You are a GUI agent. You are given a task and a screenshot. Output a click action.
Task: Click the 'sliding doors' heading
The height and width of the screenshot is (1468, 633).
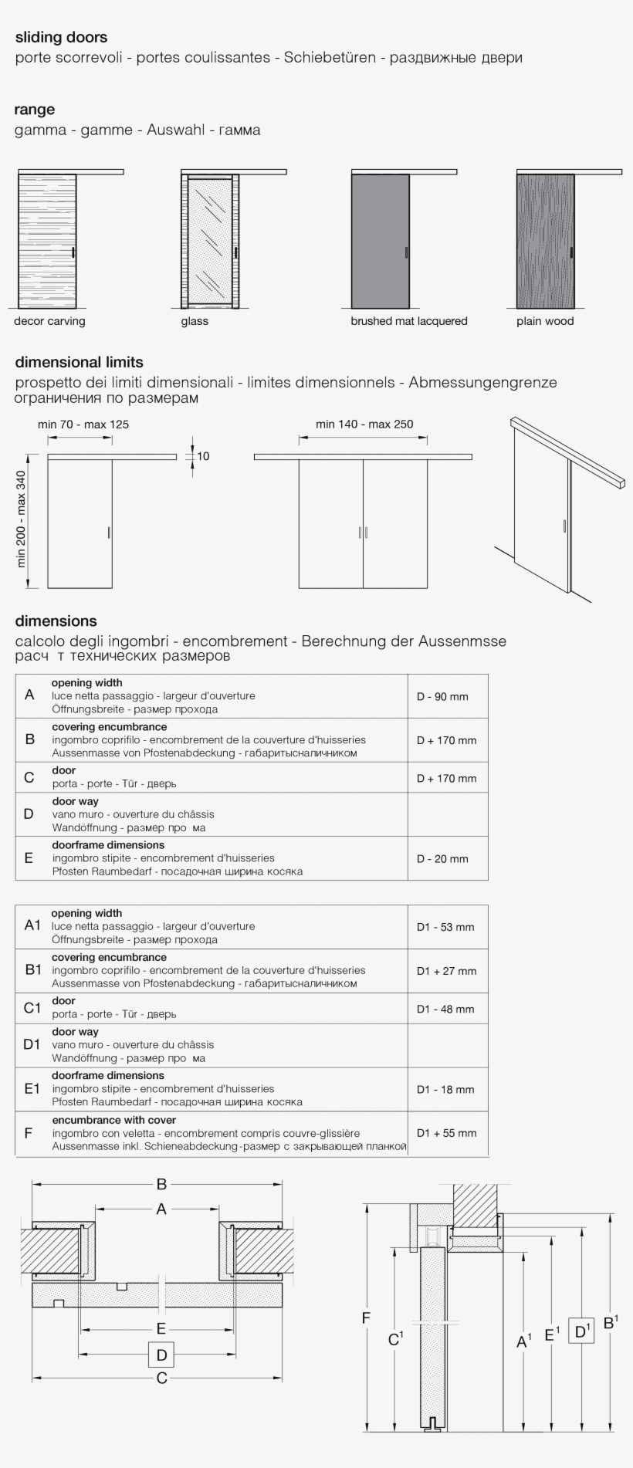tap(61, 37)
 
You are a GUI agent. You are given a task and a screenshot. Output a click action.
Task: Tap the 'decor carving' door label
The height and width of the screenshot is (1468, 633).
tap(49, 321)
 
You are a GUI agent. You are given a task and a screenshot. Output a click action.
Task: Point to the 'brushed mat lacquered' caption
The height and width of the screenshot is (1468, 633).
tap(408, 321)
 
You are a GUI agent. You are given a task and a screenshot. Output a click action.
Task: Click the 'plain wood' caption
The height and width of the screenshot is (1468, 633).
tap(545, 321)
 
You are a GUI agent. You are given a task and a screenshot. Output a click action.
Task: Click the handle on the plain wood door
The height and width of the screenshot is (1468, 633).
tap(571, 252)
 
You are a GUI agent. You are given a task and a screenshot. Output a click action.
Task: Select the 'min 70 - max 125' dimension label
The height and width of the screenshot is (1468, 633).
tap(83, 424)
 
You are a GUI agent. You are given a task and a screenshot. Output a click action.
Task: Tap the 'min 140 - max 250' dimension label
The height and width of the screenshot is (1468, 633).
tap(364, 424)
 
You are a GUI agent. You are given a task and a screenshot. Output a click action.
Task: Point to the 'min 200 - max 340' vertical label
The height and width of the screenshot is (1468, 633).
tap(21, 519)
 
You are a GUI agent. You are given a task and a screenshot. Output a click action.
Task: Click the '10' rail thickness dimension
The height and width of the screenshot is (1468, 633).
tap(203, 456)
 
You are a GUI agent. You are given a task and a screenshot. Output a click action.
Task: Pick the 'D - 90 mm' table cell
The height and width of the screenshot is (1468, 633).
tap(442, 696)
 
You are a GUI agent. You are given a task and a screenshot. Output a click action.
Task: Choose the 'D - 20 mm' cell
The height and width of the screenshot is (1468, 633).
tap(442, 858)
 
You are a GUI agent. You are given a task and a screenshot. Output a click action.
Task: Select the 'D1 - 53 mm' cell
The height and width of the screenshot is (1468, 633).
tap(445, 927)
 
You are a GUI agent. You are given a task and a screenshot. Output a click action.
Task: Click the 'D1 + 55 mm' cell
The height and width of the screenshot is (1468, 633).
tap(446, 1133)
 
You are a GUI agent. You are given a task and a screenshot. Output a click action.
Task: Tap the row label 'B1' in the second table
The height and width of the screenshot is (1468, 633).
tap(32, 969)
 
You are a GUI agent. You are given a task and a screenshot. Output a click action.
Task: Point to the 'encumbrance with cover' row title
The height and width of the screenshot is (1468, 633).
tap(113, 1120)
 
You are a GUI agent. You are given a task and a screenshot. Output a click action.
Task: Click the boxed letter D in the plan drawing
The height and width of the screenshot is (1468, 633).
tap(161, 1355)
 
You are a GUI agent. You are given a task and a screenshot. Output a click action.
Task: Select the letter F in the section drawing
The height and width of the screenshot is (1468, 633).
tap(367, 1318)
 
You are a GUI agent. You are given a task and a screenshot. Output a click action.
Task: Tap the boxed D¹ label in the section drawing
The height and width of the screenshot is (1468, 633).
tap(581, 1331)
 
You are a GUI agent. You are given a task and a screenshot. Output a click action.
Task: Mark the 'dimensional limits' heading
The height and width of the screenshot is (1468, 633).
tap(79, 362)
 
